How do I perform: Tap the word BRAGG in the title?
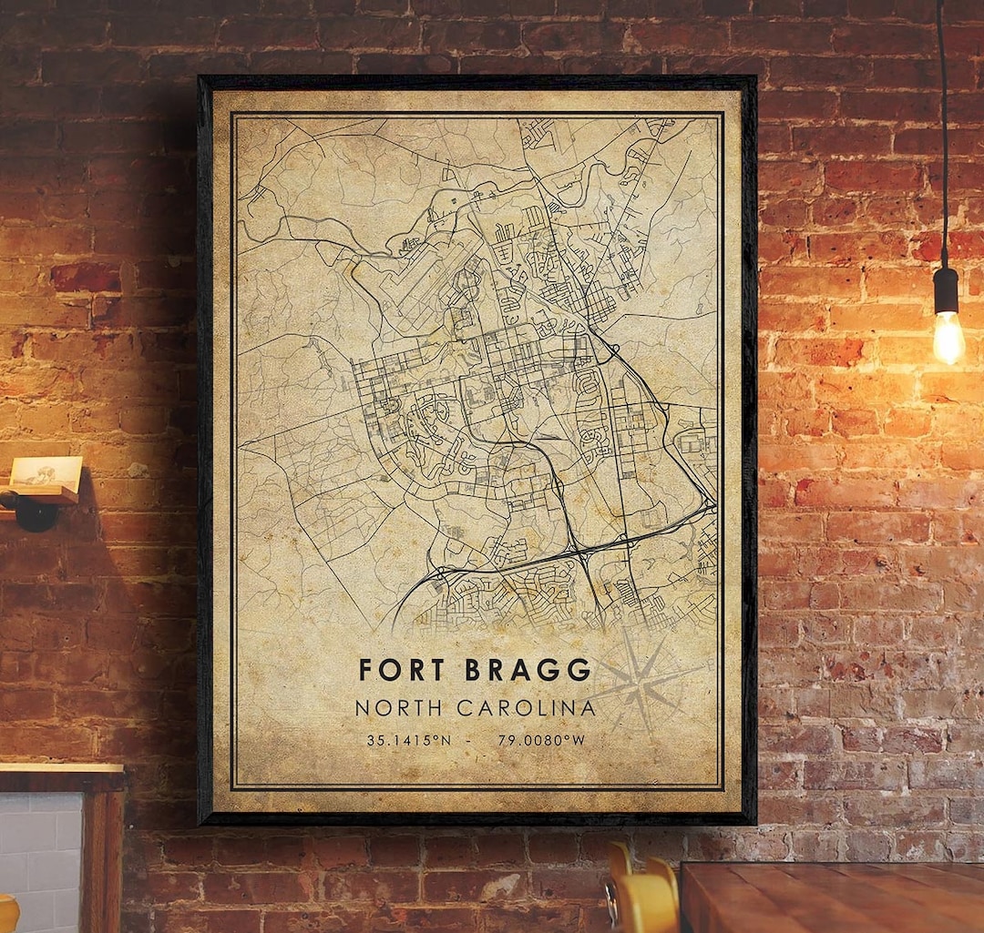[x=528, y=670]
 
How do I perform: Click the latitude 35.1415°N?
[x=408, y=740]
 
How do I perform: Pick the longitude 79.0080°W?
[x=541, y=740]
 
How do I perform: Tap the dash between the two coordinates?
[x=469, y=740]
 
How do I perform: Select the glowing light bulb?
[x=948, y=336]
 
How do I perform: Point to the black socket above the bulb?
[x=947, y=289]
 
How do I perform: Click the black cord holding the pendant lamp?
[x=942, y=137]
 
